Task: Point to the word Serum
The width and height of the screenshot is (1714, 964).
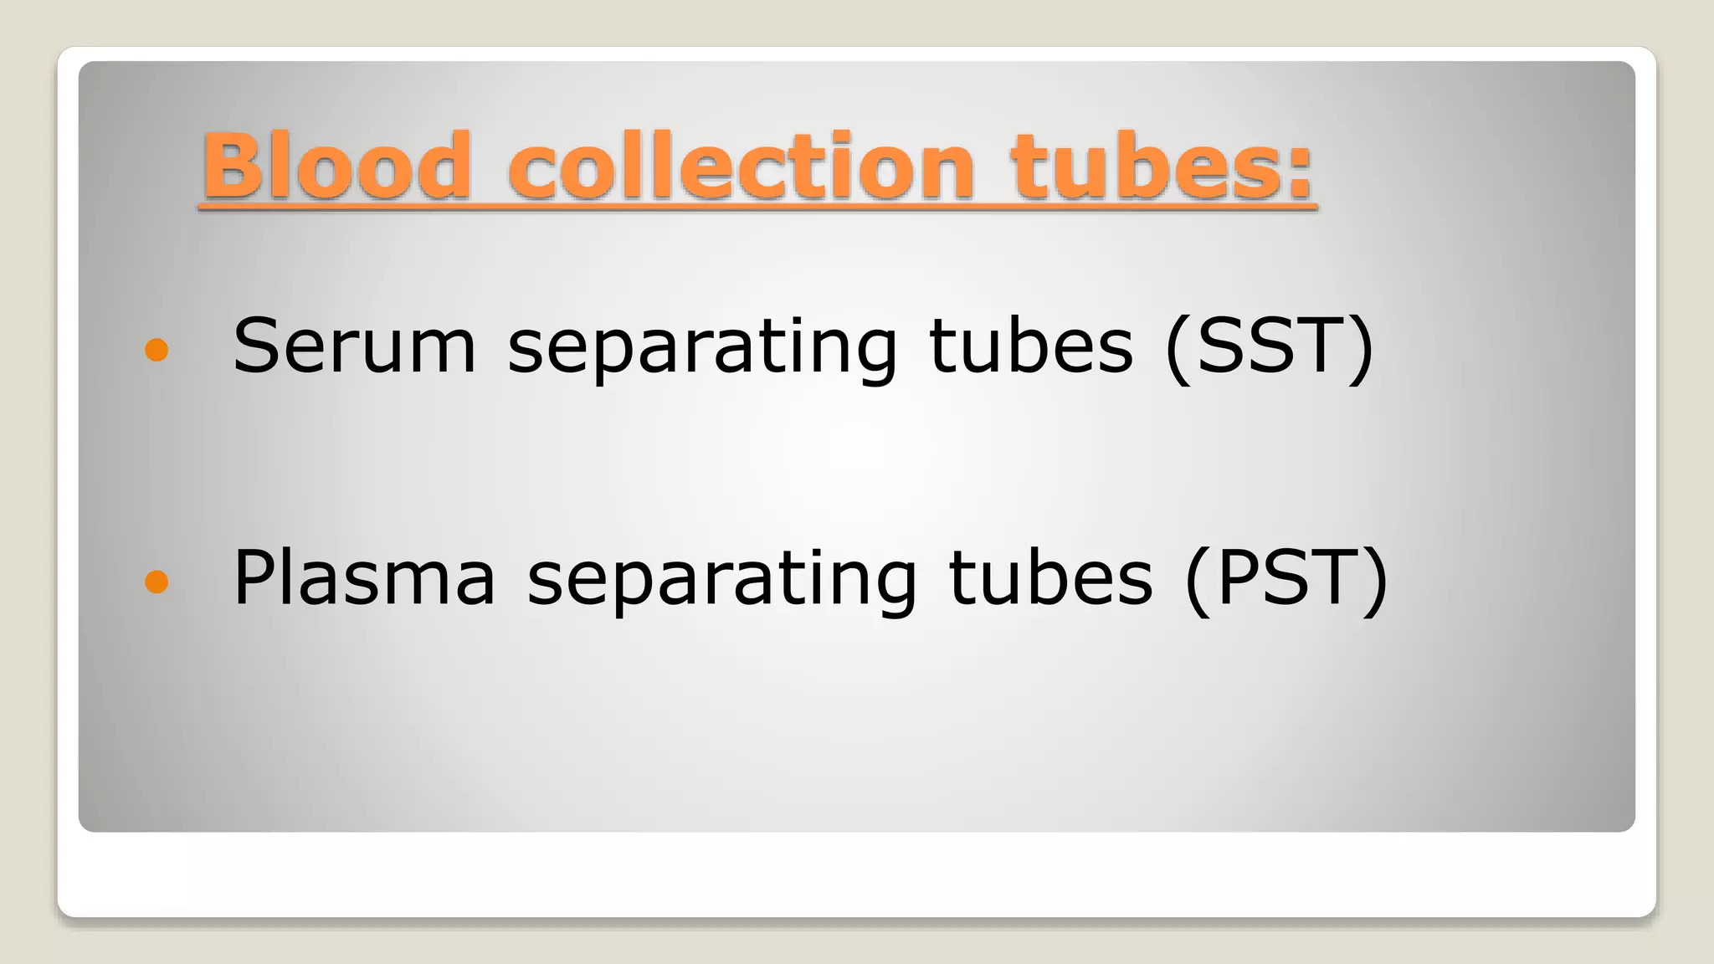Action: (x=355, y=346)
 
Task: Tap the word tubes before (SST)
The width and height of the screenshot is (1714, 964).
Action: (x=1031, y=346)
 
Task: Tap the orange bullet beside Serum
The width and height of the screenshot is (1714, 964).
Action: (x=157, y=350)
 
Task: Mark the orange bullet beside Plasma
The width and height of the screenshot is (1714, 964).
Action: (x=157, y=581)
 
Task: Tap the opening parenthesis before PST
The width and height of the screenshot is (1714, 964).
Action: (x=1199, y=581)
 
